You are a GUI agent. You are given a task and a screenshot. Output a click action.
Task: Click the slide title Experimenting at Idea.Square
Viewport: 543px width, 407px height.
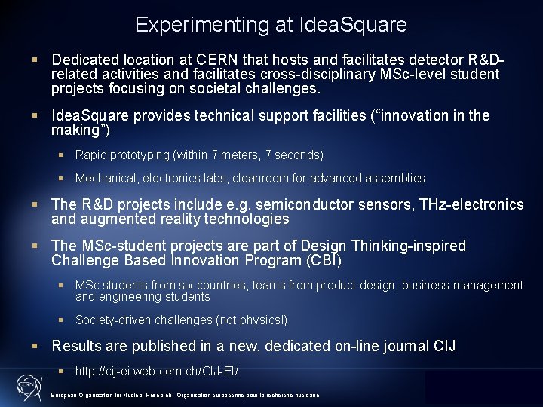tap(271, 24)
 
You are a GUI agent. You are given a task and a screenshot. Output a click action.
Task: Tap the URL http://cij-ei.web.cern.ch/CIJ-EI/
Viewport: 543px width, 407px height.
tap(157, 372)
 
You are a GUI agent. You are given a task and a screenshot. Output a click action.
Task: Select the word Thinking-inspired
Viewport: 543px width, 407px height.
tap(406, 246)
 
